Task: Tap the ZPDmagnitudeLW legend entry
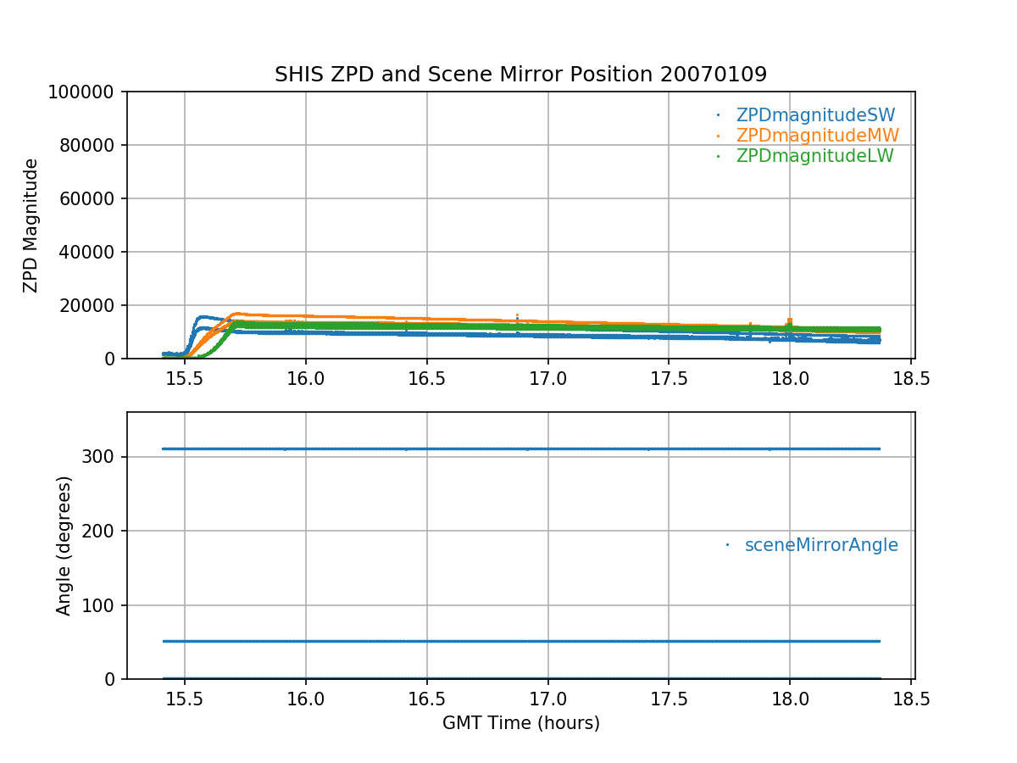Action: point(814,156)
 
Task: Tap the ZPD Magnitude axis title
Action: point(31,226)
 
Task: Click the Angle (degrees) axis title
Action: point(64,545)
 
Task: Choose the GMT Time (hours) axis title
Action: point(521,723)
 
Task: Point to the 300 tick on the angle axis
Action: point(103,457)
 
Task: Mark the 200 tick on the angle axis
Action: point(103,531)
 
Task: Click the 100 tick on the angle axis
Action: point(103,605)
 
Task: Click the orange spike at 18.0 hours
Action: point(790,320)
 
